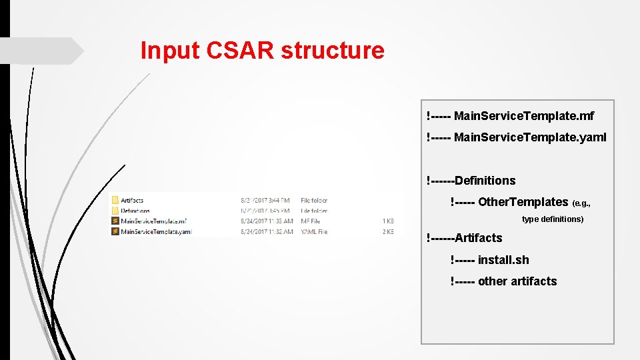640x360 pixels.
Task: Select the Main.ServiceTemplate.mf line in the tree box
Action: coord(510,117)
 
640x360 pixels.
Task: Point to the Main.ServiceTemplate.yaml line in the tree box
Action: coord(517,138)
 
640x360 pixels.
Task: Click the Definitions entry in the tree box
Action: coord(471,181)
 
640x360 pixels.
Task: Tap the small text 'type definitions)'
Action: coord(553,219)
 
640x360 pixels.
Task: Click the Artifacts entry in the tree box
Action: coord(465,238)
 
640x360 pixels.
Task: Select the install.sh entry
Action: coord(490,260)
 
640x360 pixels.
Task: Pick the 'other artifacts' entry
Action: coord(504,281)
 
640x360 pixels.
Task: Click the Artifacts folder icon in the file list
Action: coord(115,200)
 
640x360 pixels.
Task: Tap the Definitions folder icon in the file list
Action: coord(115,211)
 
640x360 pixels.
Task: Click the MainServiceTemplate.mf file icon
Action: coord(115,221)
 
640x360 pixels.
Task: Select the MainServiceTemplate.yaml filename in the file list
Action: coord(156,232)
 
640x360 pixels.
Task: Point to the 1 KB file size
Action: coord(388,221)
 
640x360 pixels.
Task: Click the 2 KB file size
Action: coord(388,232)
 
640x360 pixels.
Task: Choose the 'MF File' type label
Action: coord(311,221)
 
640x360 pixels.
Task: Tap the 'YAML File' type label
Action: coord(314,232)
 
